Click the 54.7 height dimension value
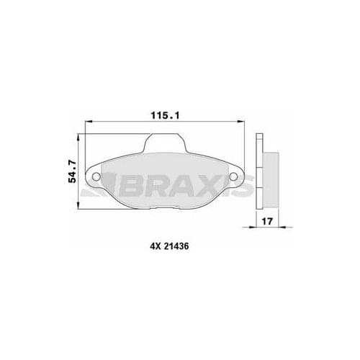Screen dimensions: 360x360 point(72,172)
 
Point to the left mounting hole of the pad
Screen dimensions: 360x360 point(97,176)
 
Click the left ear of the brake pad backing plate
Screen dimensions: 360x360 point(94,176)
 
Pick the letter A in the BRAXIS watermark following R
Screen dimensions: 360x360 point(178,189)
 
